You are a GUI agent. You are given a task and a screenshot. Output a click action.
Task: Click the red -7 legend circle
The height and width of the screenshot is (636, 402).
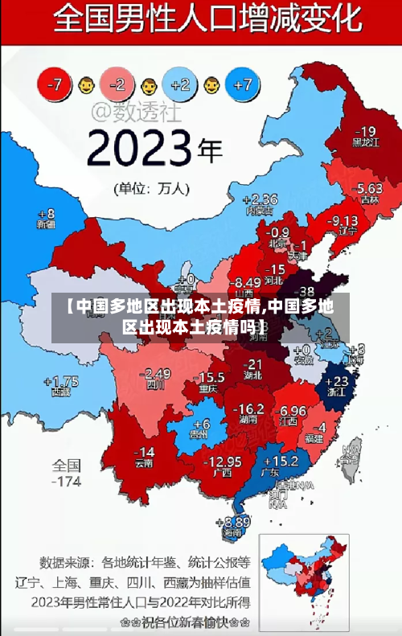(x=56, y=83)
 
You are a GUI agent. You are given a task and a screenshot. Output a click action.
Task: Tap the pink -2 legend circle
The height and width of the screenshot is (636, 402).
(x=118, y=84)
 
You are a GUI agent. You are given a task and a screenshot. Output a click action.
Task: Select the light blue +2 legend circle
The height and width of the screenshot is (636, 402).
(x=180, y=84)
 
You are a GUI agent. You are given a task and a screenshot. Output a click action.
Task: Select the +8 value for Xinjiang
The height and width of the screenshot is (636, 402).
(x=47, y=214)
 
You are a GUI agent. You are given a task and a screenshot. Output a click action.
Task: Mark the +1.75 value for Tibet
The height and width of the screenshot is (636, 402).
(x=61, y=381)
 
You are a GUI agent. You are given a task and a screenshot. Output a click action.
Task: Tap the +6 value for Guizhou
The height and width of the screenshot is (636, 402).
(x=201, y=424)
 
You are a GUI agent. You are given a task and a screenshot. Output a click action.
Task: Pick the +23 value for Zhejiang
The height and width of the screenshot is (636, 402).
(x=341, y=380)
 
